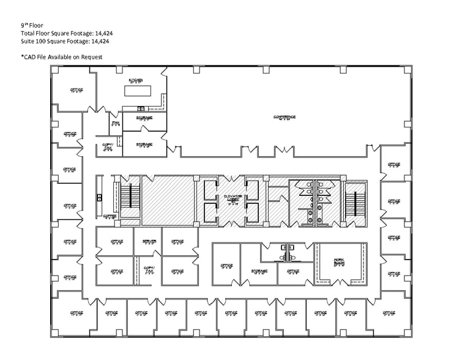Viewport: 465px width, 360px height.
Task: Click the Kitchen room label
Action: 135,81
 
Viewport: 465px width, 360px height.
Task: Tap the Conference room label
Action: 285,117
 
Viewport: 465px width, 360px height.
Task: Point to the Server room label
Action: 149,242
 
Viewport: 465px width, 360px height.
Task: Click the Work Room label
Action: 338,261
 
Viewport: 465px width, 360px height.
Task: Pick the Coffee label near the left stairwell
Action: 110,216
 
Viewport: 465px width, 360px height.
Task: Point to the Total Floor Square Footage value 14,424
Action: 100,34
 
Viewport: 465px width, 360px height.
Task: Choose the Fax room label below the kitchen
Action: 115,123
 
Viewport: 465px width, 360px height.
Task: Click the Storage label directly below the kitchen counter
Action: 144,118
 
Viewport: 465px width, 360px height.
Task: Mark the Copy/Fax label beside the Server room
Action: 149,269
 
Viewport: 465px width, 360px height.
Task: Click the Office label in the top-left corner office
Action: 76,90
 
